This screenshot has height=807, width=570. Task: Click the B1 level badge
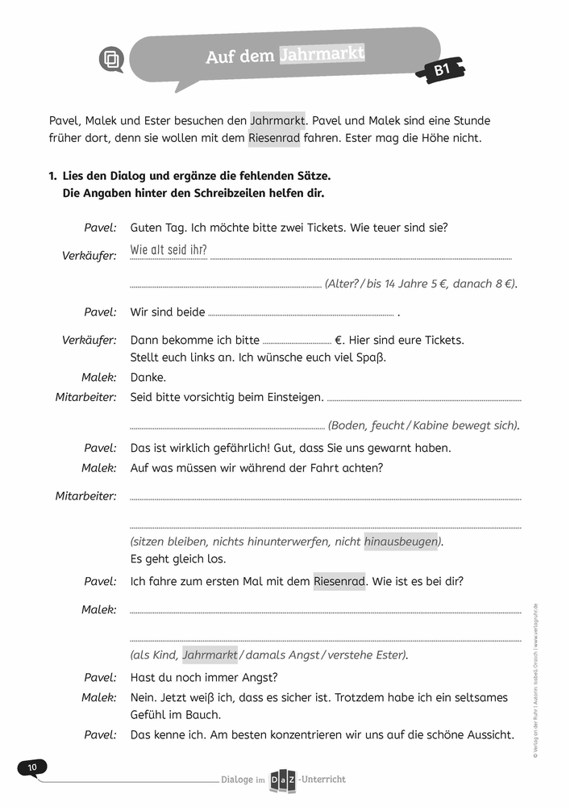point(442,71)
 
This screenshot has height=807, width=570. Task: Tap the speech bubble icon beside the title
point(111,60)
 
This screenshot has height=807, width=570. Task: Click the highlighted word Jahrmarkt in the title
point(322,55)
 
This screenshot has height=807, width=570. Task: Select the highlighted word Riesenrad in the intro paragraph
point(275,138)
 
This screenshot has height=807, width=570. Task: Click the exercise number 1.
point(52,175)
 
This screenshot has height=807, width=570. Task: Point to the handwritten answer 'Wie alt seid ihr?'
point(169,250)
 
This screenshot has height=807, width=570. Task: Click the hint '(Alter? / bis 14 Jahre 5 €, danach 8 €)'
point(421,284)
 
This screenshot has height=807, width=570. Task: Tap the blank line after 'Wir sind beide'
point(301,313)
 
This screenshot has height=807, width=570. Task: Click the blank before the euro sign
point(297,341)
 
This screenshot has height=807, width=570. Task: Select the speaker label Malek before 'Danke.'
point(99,377)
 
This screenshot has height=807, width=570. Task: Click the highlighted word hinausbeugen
point(401,541)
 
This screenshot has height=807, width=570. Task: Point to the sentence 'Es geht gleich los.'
point(177,558)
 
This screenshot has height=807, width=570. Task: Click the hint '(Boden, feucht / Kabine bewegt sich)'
point(423,425)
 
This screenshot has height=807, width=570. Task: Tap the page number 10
point(32,767)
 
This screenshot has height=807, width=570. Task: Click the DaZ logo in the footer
point(281,779)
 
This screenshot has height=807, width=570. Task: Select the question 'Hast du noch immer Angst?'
point(204,677)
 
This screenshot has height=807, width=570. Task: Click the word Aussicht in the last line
point(486,734)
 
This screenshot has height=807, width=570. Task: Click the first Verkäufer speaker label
point(89,255)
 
